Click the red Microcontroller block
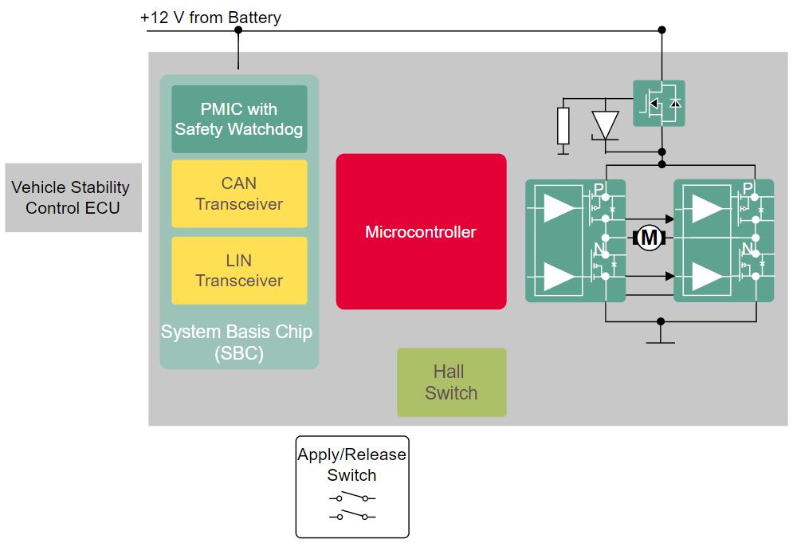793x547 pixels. coord(421,231)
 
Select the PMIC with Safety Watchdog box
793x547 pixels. coord(239,119)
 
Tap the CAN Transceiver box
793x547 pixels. coord(239,194)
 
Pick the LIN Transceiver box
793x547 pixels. coord(239,270)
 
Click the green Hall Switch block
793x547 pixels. coord(451,382)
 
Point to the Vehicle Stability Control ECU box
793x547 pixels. coord(73,198)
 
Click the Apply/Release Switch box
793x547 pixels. coord(351,486)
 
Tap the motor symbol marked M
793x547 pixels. coord(650,237)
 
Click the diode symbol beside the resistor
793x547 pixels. coord(605,124)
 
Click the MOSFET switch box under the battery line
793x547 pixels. coord(658,103)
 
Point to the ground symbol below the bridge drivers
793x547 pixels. coord(660,341)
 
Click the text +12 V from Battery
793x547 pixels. coord(210,17)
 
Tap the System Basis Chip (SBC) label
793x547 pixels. coord(237,343)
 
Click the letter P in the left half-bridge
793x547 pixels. coord(599,190)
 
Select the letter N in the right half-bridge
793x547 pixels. coord(747,248)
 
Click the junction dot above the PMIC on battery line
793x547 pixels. coord(238,30)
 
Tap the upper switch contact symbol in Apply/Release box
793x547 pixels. coord(351,498)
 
